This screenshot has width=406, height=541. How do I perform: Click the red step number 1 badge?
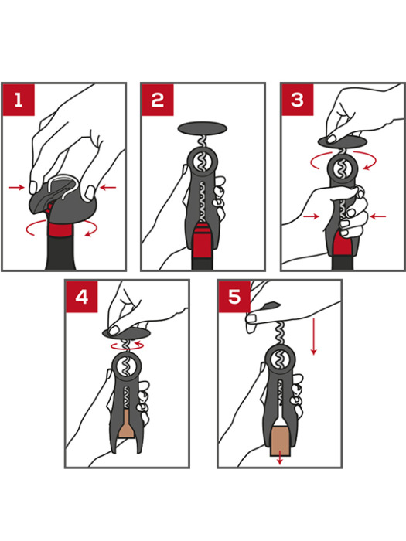(18, 99)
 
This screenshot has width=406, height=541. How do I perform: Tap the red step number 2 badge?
(157, 99)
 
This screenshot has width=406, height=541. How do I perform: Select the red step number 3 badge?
(296, 99)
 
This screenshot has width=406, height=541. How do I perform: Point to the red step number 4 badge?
(81, 297)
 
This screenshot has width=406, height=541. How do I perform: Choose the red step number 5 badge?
(234, 297)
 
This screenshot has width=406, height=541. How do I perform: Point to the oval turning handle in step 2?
(203, 128)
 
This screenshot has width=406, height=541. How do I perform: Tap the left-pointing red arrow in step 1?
(107, 187)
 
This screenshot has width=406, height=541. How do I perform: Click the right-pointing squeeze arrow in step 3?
(310, 217)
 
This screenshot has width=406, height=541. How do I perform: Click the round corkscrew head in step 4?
(125, 366)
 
